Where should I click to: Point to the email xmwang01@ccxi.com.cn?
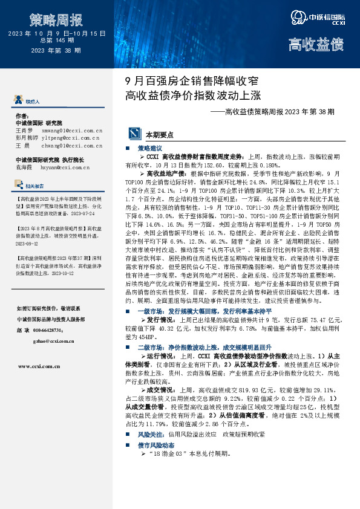71,130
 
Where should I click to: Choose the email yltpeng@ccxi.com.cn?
71,138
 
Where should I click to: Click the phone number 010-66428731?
47,330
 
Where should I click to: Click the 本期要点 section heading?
159,135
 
